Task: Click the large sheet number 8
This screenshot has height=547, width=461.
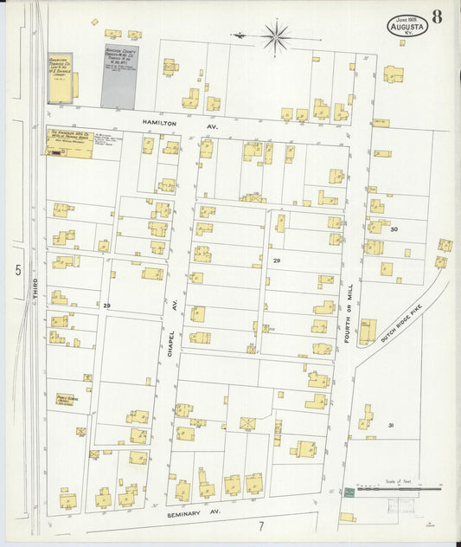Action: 439,17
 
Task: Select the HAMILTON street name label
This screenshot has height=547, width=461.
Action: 156,124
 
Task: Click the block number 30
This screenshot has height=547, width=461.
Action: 394,229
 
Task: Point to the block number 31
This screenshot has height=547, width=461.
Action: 391,425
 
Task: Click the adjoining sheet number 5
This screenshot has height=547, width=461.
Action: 16,271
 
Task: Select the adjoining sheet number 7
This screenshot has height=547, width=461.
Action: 259,525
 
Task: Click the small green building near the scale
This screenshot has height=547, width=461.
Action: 349,492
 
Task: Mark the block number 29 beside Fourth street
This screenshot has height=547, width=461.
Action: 277,261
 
